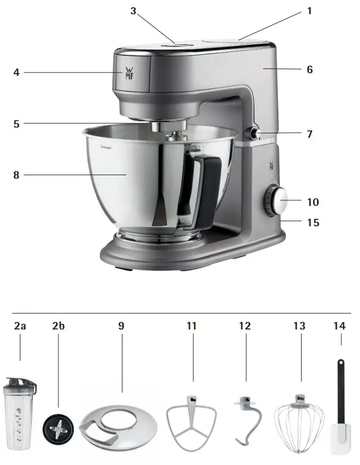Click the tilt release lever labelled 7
tap(251, 134)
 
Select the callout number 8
tap(16, 175)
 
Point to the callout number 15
tap(312, 223)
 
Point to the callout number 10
tap(312, 202)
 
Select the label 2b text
tap(58, 326)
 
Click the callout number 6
tap(310, 70)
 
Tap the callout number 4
tap(16, 73)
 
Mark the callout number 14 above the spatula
tap(340, 326)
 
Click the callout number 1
tap(310, 11)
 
